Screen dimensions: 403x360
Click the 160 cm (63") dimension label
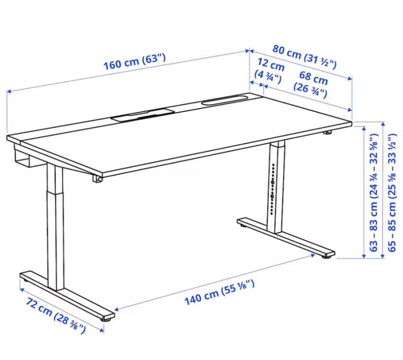[135, 62]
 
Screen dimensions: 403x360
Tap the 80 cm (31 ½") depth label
[305, 56]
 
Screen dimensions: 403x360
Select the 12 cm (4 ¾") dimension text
[270, 71]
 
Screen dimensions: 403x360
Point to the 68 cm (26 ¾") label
[312, 85]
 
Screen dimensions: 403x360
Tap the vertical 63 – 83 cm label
[374, 193]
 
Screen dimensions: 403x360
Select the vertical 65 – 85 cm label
[392, 193]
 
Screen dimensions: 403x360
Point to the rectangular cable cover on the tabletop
[143, 114]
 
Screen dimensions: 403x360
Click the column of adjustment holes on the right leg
[273, 188]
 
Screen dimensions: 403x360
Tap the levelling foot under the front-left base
[106, 320]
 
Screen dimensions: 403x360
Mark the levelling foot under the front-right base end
[328, 256]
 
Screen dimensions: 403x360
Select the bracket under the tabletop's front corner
[97, 179]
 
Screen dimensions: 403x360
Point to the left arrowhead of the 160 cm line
[9, 91]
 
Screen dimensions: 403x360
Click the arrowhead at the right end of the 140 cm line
[313, 255]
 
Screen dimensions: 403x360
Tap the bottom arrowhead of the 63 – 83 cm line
[364, 256]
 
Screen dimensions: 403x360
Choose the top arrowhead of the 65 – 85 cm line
[383, 124]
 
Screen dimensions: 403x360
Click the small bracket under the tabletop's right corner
[327, 133]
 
